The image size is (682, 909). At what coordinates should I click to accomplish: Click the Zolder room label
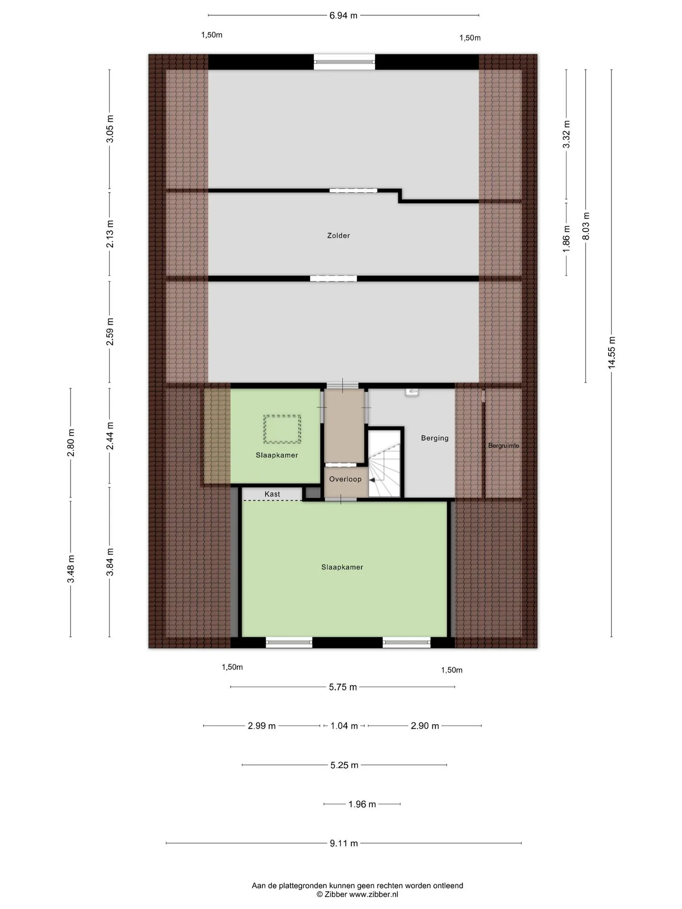tap(338, 235)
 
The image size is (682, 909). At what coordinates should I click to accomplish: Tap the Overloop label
tap(345, 479)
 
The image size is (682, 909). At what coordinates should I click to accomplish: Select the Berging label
tap(435, 438)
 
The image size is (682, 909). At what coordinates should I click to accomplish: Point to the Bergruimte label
tap(503, 446)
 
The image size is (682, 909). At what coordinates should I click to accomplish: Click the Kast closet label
tap(272, 494)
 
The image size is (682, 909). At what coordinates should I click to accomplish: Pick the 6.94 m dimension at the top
tap(343, 16)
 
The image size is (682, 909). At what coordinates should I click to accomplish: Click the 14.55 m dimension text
tap(611, 353)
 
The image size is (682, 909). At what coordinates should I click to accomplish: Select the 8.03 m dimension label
tap(586, 225)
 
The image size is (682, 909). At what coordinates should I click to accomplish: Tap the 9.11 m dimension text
tap(344, 843)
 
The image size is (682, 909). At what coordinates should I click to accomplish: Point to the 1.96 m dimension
tap(362, 804)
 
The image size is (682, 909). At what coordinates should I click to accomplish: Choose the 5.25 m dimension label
tap(344, 765)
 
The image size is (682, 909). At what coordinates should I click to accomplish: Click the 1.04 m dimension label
tap(344, 725)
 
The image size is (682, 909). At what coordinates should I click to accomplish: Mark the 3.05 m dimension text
tap(110, 129)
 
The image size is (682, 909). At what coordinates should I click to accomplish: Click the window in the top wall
tap(344, 62)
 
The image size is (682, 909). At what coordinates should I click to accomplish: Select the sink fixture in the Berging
tap(412, 392)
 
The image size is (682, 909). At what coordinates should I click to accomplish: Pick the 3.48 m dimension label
tap(71, 569)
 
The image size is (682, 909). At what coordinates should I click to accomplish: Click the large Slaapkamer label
tap(342, 567)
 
